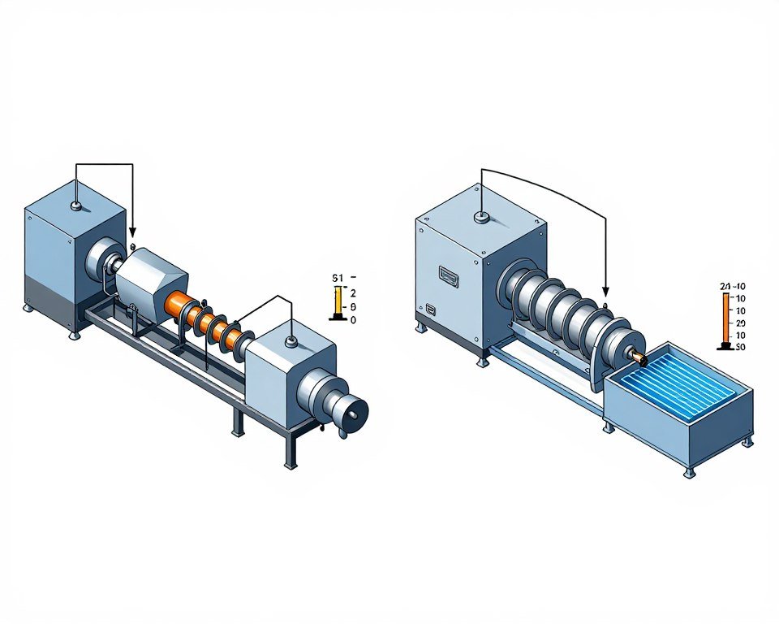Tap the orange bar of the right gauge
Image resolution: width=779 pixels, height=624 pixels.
(725, 318)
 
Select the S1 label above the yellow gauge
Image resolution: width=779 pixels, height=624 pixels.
(338, 278)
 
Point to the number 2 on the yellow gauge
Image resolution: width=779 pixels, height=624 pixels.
(352, 292)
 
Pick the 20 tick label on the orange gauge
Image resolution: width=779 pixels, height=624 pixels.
(739, 323)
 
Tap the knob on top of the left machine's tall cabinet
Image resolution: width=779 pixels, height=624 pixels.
(75, 206)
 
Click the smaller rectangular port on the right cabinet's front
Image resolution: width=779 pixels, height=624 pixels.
(428, 310)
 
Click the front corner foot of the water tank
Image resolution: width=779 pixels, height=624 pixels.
(689, 472)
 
